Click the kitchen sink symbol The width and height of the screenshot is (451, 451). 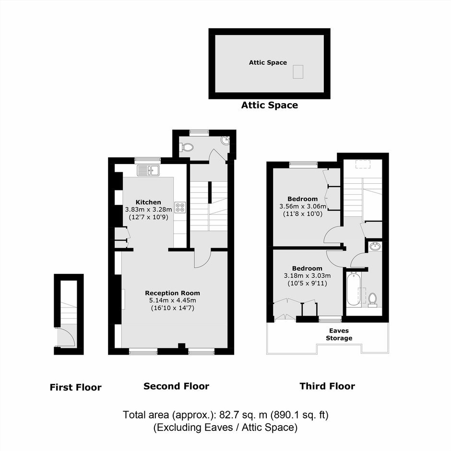click(148, 170)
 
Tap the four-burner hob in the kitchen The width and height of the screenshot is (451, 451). click(180, 207)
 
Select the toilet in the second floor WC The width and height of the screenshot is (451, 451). click(187, 147)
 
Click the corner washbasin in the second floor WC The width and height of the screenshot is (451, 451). click(225, 141)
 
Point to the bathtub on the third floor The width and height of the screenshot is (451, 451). click(354, 289)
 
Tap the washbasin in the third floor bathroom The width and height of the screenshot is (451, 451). click(375, 247)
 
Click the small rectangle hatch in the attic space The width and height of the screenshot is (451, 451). click(298, 71)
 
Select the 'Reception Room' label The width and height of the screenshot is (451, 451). click(172, 293)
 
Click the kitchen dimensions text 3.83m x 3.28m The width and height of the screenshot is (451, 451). click(148, 209)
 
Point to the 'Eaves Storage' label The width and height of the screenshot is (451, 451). click(339, 334)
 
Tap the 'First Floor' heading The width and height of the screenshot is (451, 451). click(76, 387)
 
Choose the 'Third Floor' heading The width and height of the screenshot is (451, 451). click(327, 386)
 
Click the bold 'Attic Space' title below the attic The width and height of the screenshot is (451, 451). click(270, 105)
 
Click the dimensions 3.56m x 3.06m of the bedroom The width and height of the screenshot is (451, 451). click(303, 206)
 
